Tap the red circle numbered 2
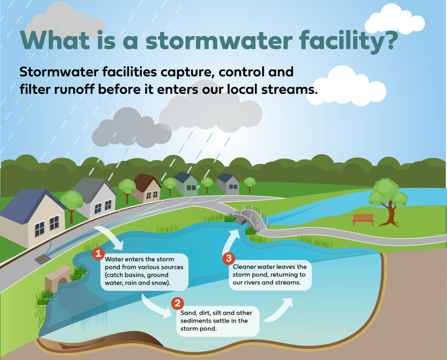(x=177, y=303)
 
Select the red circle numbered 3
(x=229, y=258)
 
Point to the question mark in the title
(x=387, y=40)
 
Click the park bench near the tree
(x=363, y=219)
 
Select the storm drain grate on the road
(x=43, y=259)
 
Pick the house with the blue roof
(x=31, y=211)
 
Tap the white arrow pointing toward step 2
(x=156, y=306)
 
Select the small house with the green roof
(x=186, y=184)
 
